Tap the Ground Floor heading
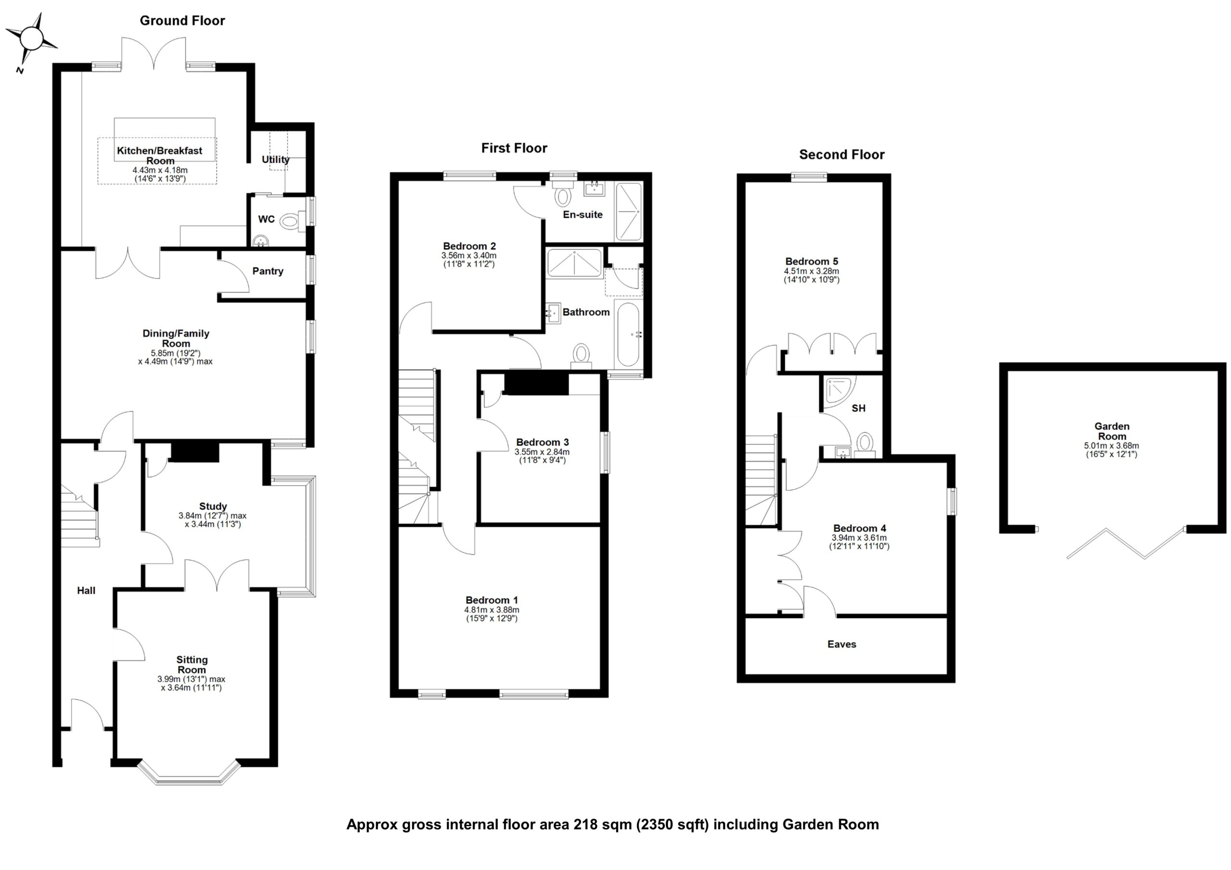(182, 21)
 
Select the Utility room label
(275, 159)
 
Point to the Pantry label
(267, 271)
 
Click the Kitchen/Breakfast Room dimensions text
(160, 174)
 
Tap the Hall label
(86, 591)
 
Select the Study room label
(213, 506)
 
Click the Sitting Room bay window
(188, 774)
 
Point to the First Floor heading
(514, 149)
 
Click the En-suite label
(582, 214)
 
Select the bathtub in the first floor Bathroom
(628, 335)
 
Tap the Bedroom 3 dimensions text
(542, 456)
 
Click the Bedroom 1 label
(491, 600)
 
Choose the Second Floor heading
(841, 155)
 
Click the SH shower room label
(858, 409)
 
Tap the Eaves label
(841, 644)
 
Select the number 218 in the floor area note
(585, 824)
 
